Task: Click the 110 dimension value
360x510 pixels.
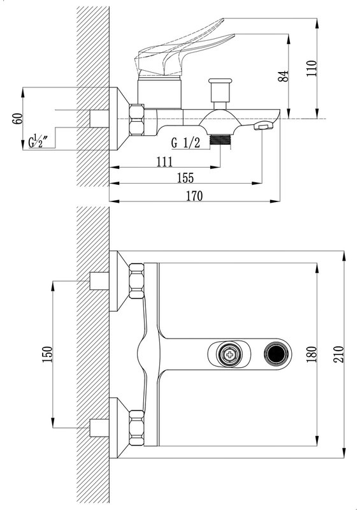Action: tap(312, 68)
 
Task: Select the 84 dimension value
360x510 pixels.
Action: tap(284, 76)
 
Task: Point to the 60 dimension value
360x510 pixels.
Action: tap(18, 119)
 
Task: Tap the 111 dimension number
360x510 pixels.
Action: tap(164, 162)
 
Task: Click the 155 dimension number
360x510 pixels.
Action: tap(185, 178)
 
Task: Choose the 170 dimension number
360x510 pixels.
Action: tap(194, 196)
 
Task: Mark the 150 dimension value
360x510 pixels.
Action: tap(47, 354)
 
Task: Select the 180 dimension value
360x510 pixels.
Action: tap(312, 354)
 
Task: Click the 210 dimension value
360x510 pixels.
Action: tap(338, 354)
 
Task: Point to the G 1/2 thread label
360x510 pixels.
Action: tap(185, 143)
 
